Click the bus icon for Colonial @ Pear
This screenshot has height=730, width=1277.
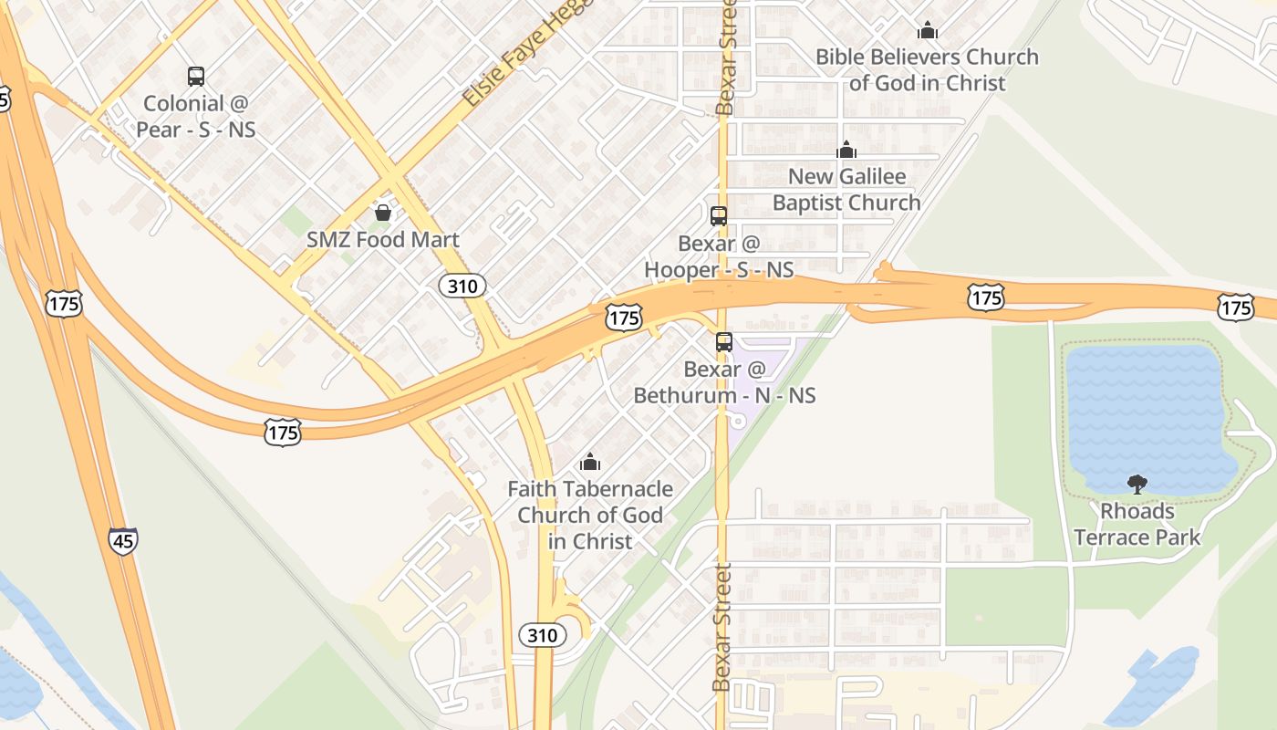196,77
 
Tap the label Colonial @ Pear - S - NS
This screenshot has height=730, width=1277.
196,116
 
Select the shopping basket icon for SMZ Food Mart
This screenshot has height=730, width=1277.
383,213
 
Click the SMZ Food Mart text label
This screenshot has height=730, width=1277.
383,241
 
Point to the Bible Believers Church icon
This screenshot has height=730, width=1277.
928,30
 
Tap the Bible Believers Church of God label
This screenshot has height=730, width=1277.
927,69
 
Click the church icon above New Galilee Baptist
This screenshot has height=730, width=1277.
846,150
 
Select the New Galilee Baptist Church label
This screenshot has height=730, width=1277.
846,189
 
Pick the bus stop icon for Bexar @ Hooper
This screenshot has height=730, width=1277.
719,216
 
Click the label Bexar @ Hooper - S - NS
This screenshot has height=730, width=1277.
719,256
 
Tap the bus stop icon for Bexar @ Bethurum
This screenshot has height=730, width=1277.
724,342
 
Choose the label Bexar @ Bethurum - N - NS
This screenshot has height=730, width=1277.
724,382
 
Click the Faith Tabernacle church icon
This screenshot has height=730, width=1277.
590,462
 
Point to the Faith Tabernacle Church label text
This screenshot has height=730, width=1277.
590,515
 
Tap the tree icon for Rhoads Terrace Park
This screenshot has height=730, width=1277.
1137,484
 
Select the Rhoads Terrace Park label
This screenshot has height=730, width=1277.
1137,524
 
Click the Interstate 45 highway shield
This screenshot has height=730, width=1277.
123,541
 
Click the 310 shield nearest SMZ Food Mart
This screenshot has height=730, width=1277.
462,287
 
